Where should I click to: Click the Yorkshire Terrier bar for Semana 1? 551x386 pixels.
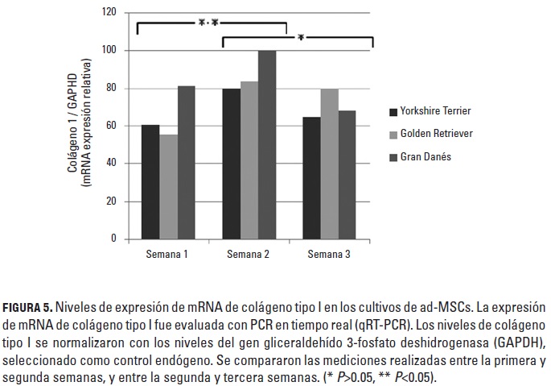pos(150,182)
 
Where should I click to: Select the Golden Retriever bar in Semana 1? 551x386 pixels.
pos(169,187)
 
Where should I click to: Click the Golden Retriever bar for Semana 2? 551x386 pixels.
pos(249,160)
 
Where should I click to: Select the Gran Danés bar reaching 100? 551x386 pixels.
pos(267,145)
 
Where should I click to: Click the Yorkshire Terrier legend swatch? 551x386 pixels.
pos(393,111)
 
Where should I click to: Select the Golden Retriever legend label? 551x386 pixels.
pos(438,134)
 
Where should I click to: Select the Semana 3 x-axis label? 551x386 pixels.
pos(329,255)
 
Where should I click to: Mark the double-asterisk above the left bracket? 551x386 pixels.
pos(208,24)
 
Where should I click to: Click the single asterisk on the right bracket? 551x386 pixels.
pos(300,38)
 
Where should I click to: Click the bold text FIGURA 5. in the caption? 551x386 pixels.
pos(28,309)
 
